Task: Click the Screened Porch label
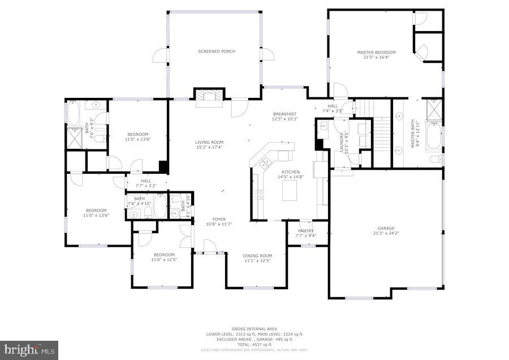coord(217,52)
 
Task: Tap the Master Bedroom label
coord(376,53)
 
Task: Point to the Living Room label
coord(209,142)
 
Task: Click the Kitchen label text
coord(291,172)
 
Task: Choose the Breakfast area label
coord(284,114)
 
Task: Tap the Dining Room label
coord(258,255)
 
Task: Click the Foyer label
coord(219,219)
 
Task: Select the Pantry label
coord(306,231)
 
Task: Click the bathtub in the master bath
coord(434,136)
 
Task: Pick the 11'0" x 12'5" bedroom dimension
coord(164,260)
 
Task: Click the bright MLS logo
coord(29,349)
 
